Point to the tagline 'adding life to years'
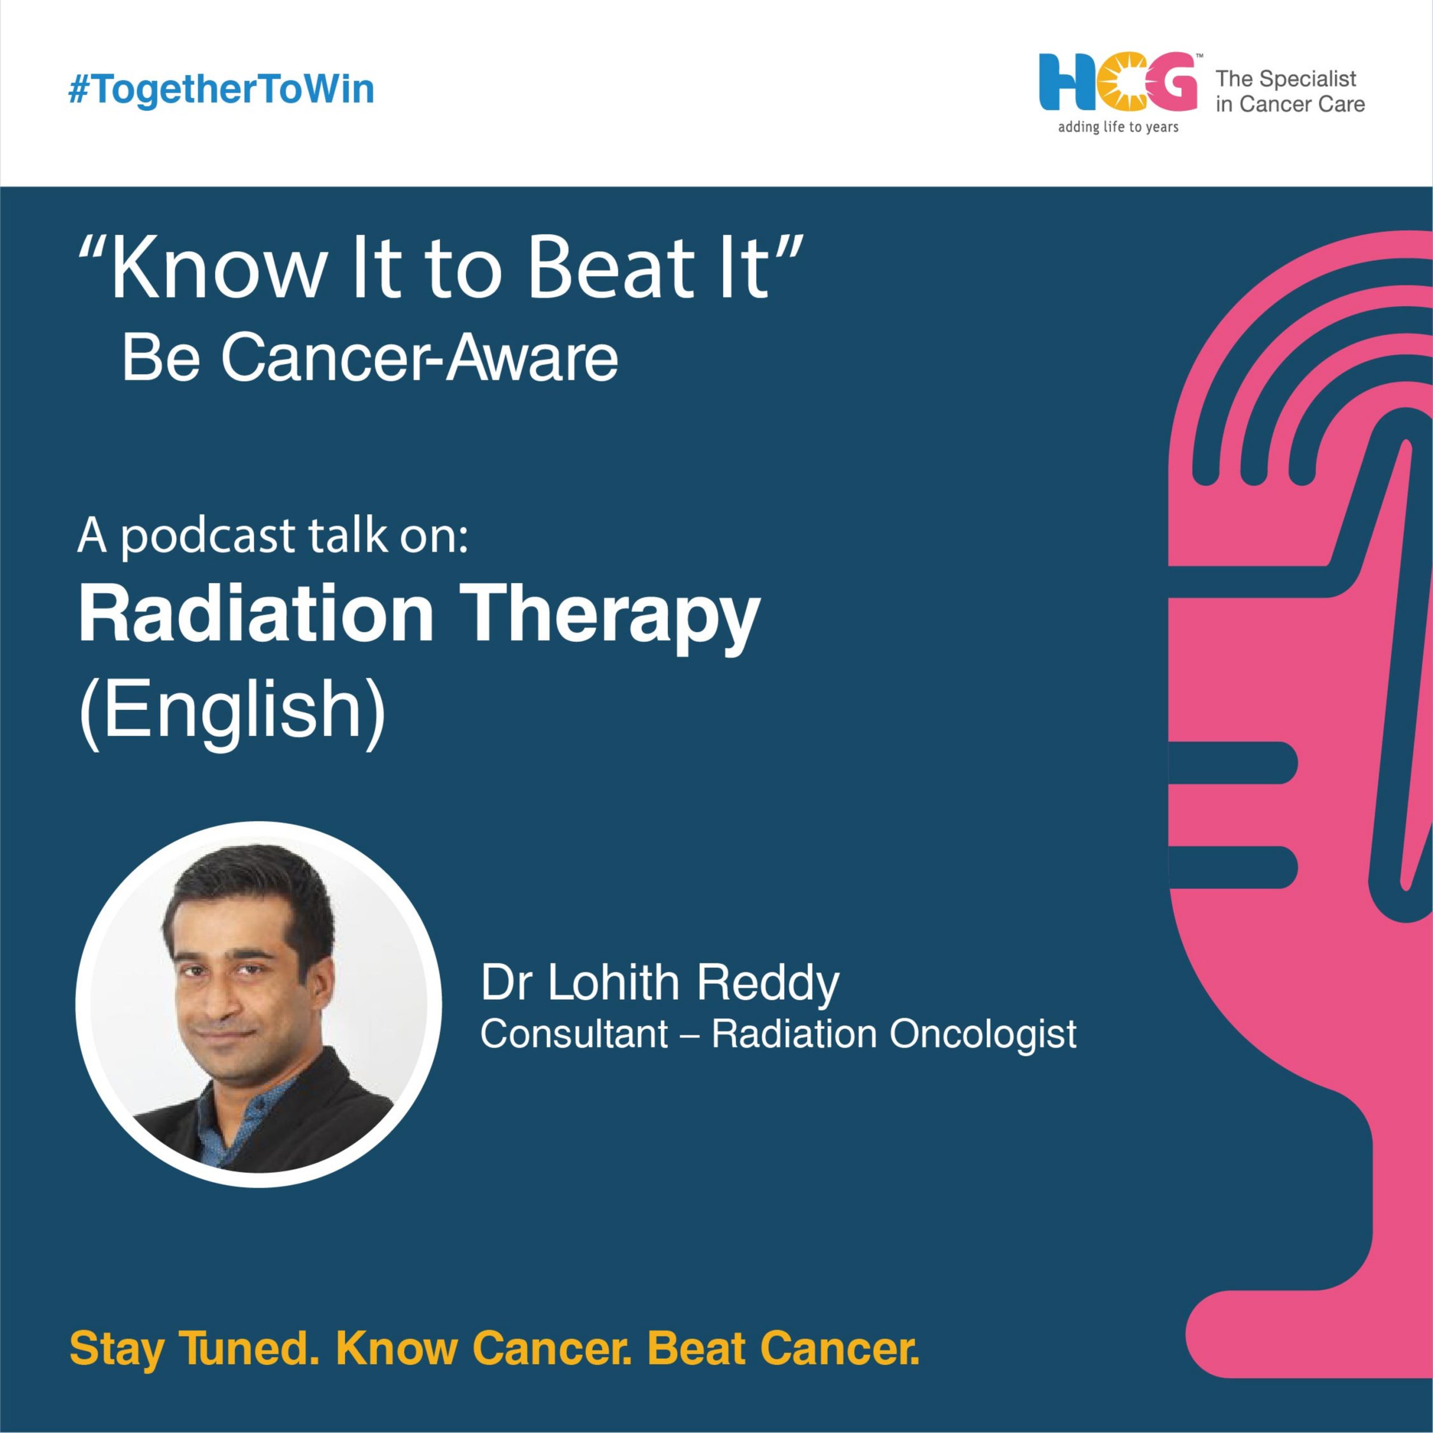(1118, 128)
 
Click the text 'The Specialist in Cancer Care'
(1290, 91)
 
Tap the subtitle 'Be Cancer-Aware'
(370, 359)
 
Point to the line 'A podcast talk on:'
(273, 536)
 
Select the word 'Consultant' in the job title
(574, 1034)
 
